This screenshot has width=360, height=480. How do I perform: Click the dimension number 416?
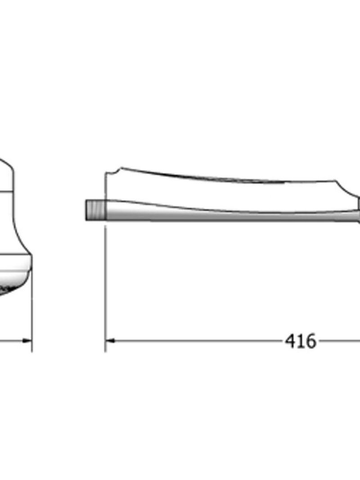pos(301,341)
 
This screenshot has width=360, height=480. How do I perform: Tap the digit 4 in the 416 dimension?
pos(291,341)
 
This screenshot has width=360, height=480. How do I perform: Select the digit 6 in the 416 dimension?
pos(310,341)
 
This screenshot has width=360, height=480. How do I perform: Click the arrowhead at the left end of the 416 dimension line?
pos(110,340)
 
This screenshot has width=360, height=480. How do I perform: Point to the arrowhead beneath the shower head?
pos(27,340)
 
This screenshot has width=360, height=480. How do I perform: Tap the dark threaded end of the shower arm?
pos(95,210)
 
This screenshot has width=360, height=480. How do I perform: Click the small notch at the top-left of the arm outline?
pos(116,171)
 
